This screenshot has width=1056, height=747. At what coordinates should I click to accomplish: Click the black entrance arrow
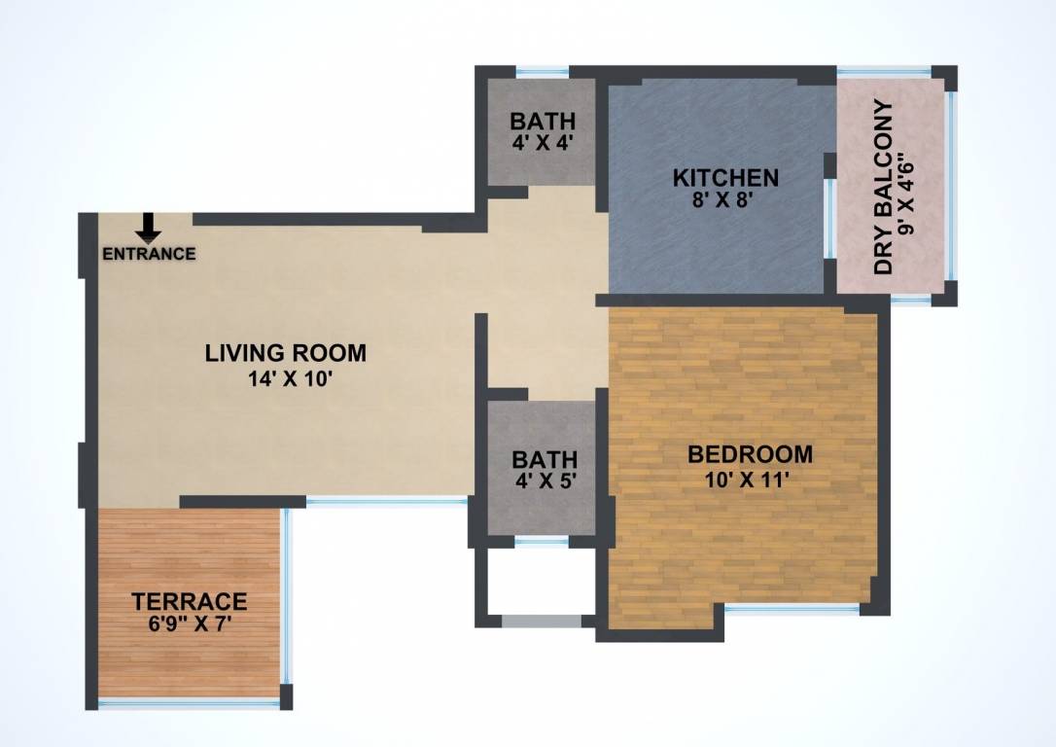click(x=148, y=228)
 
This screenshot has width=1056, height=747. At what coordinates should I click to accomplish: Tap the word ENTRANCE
click(x=149, y=255)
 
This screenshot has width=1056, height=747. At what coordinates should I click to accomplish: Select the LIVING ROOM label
click(x=285, y=352)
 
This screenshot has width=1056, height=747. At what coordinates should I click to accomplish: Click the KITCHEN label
click(x=725, y=178)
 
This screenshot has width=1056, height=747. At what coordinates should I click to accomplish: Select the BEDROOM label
click(x=750, y=454)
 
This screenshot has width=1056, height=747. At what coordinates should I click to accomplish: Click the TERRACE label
click(x=190, y=601)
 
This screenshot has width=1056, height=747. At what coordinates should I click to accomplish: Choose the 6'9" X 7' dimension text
click(x=190, y=624)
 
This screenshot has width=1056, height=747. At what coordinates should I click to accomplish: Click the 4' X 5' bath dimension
click(x=544, y=480)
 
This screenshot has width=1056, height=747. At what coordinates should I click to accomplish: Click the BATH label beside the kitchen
click(x=544, y=123)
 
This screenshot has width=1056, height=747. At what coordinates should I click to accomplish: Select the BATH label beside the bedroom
click(x=544, y=458)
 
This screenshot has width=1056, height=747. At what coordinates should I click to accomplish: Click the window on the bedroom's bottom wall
click(x=792, y=610)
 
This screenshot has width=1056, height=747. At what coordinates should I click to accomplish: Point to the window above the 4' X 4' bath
click(x=542, y=70)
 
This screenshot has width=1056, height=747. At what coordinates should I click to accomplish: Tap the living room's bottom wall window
click(x=386, y=501)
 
